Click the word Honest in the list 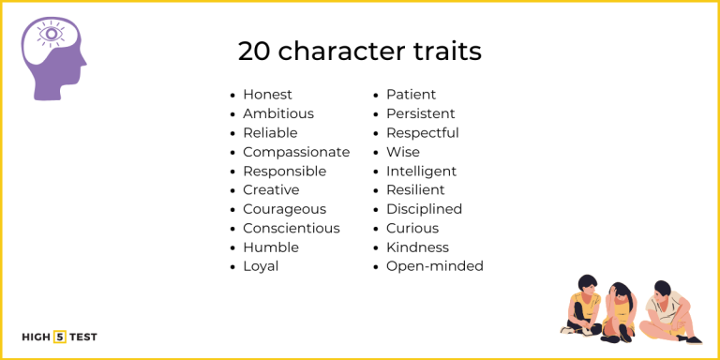(x=267, y=95)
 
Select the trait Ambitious (x=277, y=113)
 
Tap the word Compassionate (x=295, y=152)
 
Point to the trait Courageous (x=284, y=209)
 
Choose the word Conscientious (x=291, y=228)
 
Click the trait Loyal (x=261, y=266)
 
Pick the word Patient (x=411, y=95)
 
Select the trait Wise (x=403, y=152)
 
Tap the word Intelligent (x=421, y=171)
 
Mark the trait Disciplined (x=424, y=209)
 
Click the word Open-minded (x=434, y=266)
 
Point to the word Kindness (x=417, y=247)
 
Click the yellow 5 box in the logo (x=60, y=337)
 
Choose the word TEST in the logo (x=82, y=337)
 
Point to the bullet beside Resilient (x=376, y=191)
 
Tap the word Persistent (x=420, y=113)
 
